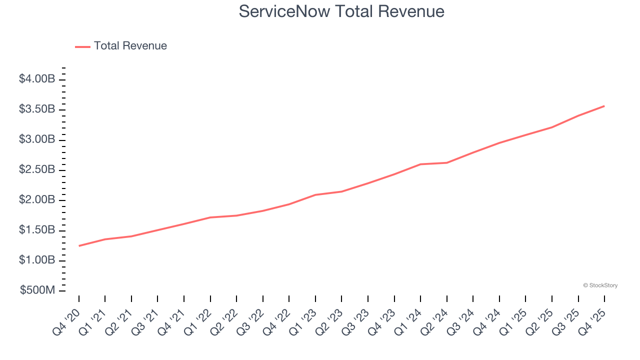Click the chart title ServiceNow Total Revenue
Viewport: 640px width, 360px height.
[x=341, y=11]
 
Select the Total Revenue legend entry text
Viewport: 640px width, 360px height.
[x=130, y=46]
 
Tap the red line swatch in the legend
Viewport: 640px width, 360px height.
[x=82, y=46]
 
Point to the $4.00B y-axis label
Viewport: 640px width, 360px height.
[x=37, y=79]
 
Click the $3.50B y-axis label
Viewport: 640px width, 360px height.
[x=37, y=109]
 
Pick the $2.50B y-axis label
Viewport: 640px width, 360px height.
[x=37, y=169]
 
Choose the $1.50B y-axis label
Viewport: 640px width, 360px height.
[x=37, y=230]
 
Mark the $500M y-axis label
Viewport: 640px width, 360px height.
[x=37, y=290]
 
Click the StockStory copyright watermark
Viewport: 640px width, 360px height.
[x=600, y=285]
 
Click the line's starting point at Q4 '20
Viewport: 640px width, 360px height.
[x=79, y=245]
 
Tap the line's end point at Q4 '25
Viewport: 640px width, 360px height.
[x=604, y=106]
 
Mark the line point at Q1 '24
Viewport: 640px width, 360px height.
[x=420, y=164]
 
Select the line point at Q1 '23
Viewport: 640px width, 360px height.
[x=315, y=194]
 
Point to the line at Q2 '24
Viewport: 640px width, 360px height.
[x=447, y=162]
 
